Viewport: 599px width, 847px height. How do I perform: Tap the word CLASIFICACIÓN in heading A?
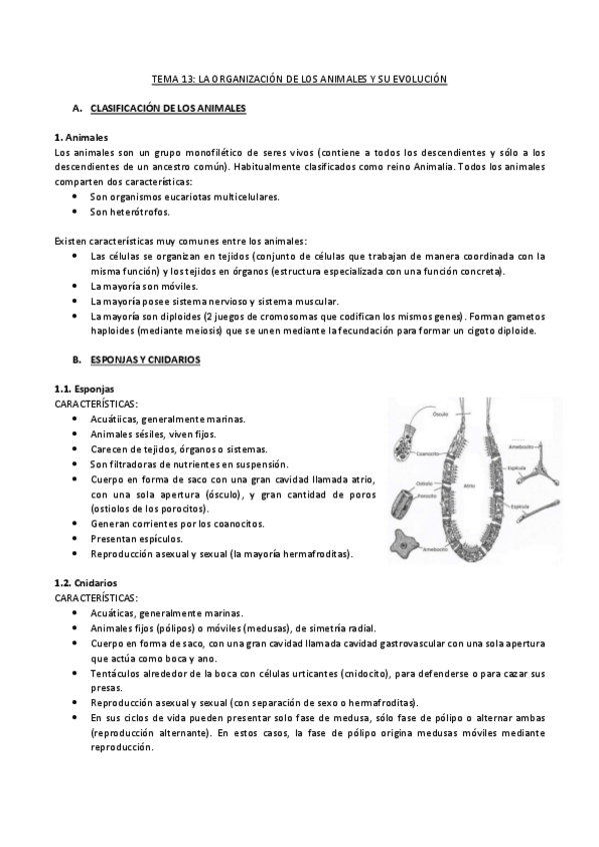[x=127, y=107]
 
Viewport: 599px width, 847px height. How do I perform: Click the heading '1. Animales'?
[x=81, y=137]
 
